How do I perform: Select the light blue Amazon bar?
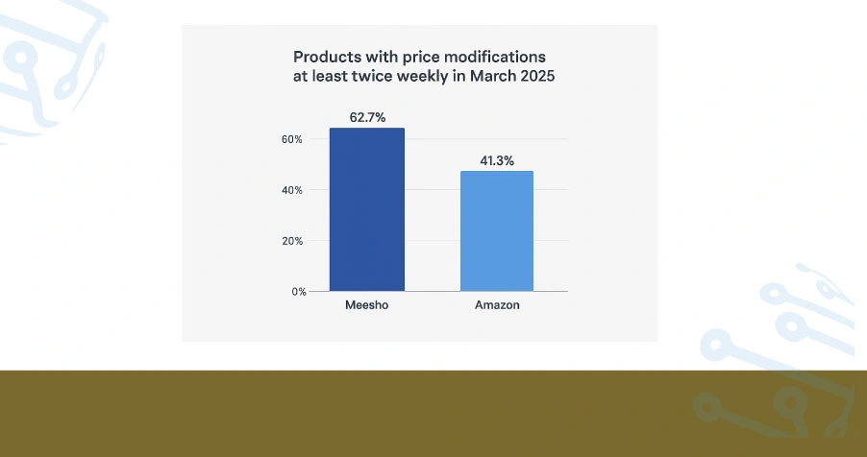[496, 230]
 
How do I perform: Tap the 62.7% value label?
[366, 118]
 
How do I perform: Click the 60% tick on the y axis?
[291, 139]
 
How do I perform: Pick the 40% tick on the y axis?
[291, 190]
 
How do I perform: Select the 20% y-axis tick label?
[291, 241]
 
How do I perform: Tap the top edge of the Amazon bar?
[496, 172]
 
